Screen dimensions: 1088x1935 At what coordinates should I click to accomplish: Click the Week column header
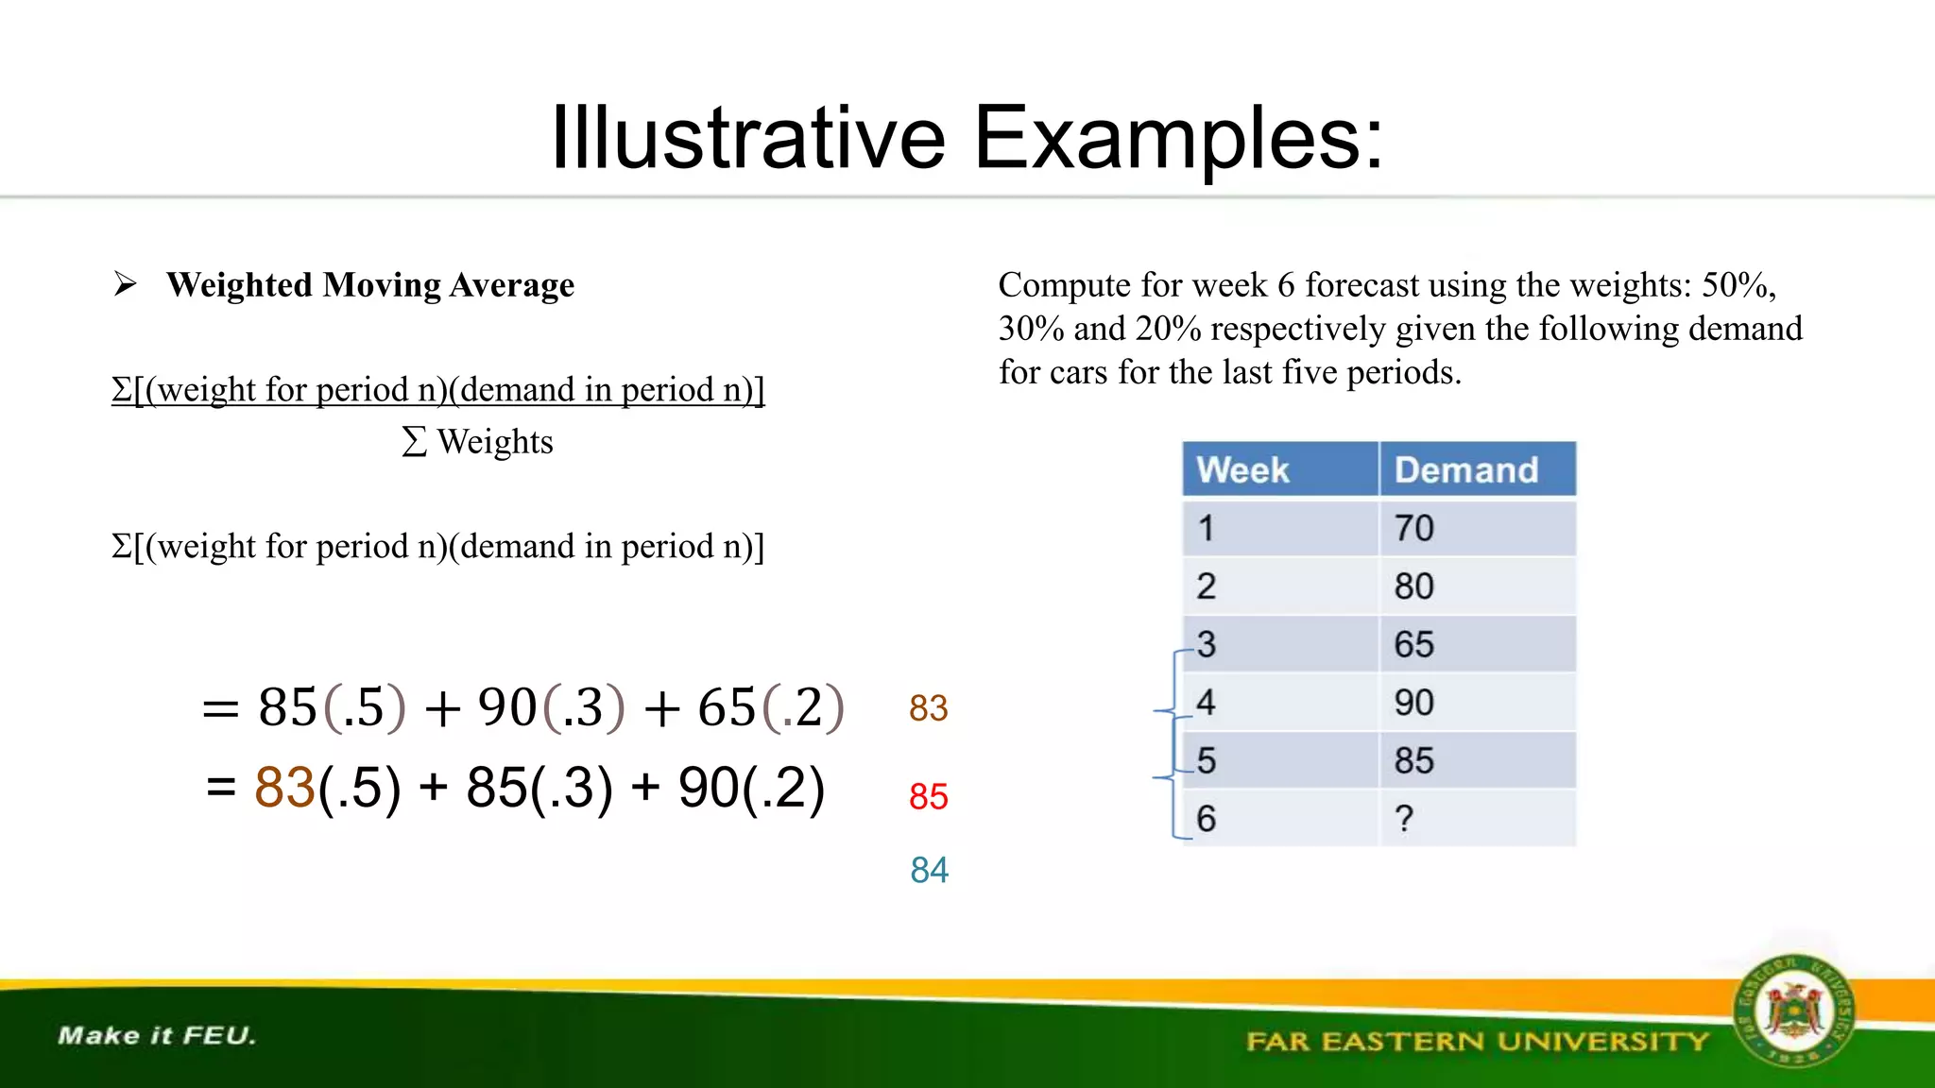[1241, 470]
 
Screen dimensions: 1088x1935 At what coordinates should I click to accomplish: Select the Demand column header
[1466, 470]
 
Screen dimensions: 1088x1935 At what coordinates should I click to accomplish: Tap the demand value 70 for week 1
[1413, 528]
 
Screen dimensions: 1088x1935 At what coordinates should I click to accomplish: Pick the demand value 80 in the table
[1413, 586]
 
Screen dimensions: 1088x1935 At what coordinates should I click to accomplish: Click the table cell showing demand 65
[1413, 644]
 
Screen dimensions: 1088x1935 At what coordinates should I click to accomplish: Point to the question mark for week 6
[1404, 818]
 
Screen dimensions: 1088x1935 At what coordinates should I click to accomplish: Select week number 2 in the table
[1207, 586]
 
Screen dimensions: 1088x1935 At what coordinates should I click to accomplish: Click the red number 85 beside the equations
[928, 796]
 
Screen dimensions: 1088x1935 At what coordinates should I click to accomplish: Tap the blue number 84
[929, 870]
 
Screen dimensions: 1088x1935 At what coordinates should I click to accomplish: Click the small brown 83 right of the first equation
[928, 708]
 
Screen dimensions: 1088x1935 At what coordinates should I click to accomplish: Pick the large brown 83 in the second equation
[284, 787]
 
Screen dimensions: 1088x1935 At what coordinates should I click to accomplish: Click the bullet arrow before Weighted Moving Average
[126, 283]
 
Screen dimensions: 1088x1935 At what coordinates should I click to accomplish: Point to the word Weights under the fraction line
[494, 442]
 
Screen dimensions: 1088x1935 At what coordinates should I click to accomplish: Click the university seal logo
[1792, 1011]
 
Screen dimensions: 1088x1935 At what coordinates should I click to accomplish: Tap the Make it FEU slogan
[157, 1035]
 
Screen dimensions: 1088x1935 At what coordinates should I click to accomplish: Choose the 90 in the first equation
[507, 706]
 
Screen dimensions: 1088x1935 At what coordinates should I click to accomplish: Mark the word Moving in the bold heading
[382, 285]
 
